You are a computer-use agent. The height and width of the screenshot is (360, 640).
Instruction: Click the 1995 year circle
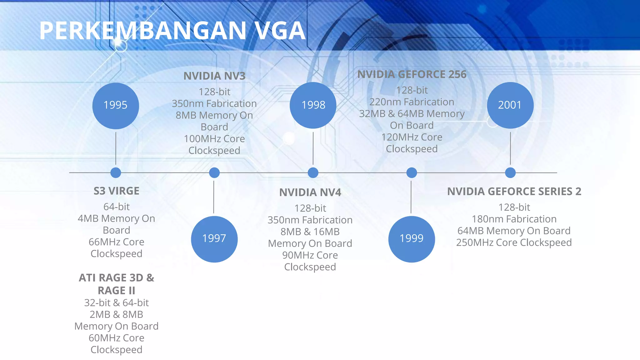[x=116, y=106]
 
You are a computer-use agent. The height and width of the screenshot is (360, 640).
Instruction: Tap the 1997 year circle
[x=214, y=239]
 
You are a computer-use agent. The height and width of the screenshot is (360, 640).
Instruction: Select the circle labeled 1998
[x=313, y=105]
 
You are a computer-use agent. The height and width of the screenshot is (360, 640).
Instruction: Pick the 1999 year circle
[x=412, y=239]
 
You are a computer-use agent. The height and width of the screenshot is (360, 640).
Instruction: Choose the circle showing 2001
[x=510, y=105]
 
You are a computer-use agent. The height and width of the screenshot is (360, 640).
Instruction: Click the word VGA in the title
[x=280, y=31]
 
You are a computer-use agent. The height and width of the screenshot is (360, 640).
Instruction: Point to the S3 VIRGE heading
[x=116, y=191]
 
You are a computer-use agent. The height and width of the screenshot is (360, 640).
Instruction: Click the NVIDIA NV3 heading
[x=214, y=76]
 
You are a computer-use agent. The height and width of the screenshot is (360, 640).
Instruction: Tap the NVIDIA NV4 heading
[x=310, y=192]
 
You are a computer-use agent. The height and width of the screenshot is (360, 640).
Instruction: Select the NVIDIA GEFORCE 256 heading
[x=412, y=74]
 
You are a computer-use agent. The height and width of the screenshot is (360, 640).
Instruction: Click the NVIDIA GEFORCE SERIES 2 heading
[x=514, y=192]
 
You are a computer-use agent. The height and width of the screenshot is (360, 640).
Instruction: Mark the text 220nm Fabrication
[x=412, y=102]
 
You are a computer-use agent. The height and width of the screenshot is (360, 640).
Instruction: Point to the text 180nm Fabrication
[x=514, y=219]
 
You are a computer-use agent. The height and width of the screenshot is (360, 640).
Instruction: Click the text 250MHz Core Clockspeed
[x=514, y=242]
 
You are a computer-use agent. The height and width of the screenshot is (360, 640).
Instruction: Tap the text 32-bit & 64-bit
[x=116, y=303]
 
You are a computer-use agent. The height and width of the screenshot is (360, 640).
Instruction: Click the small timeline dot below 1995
[x=116, y=172]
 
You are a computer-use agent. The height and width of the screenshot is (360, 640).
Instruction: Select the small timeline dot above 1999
[x=412, y=172]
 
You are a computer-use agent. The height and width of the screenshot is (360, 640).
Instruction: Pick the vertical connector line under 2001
[x=510, y=148]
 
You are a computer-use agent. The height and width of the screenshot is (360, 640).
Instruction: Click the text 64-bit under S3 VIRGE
[x=116, y=207]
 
